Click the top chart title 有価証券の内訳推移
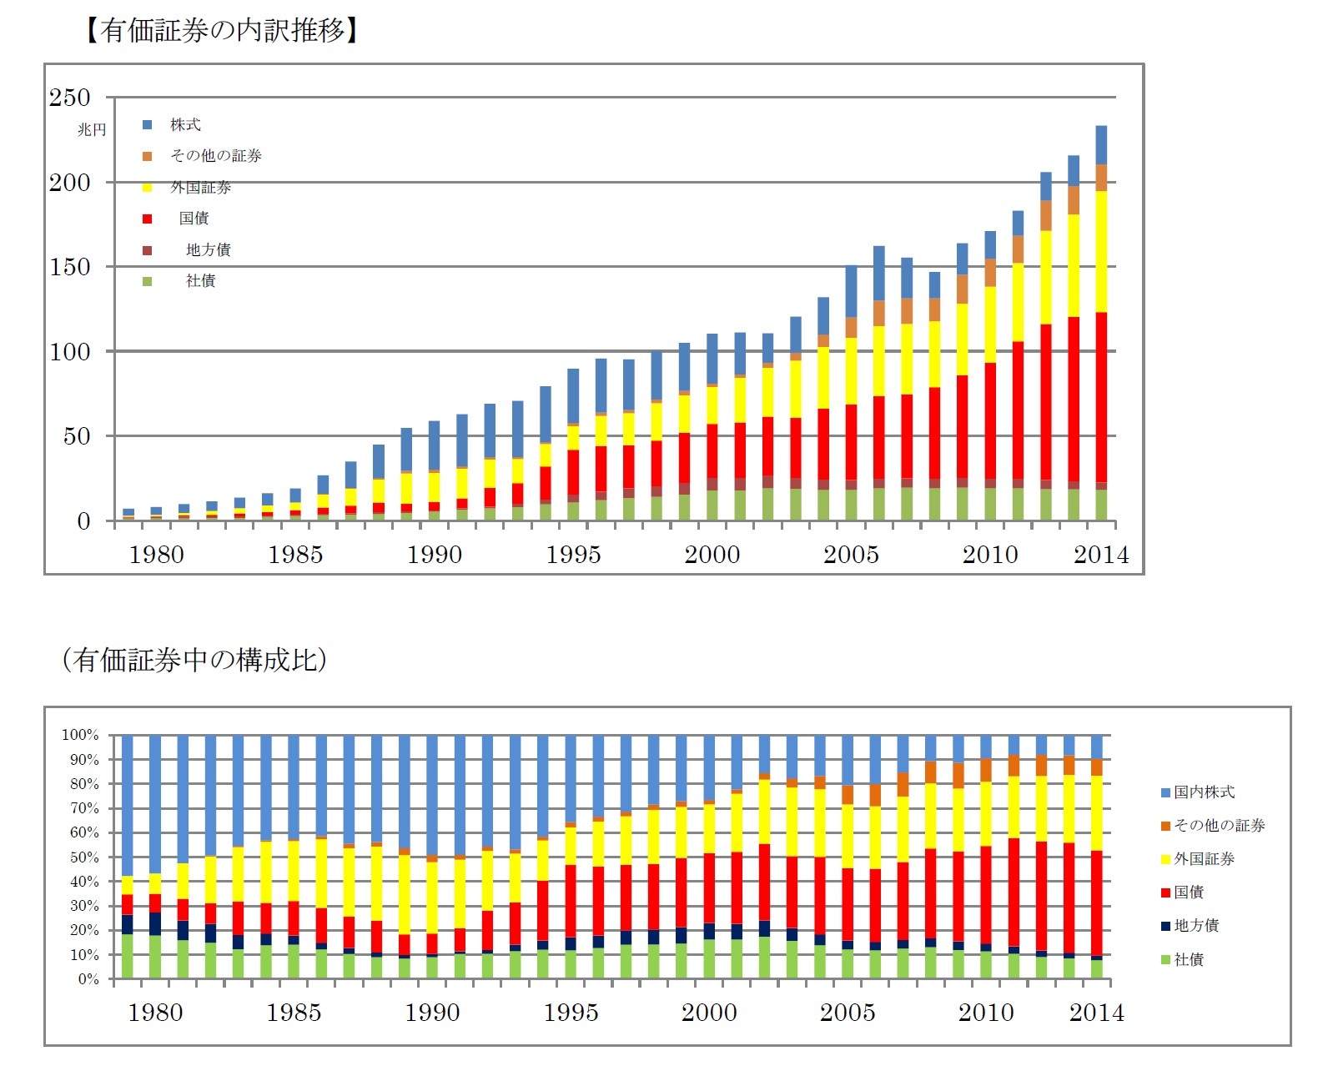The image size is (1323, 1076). pos(222,31)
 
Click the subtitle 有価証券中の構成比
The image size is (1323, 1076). pos(194,660)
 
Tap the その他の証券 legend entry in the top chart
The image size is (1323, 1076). pos(215,156)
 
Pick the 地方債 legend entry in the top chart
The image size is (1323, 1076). pos(208,250)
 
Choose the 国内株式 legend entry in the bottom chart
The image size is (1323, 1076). pos(1204,792)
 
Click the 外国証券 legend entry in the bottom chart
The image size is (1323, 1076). pos(1204,859)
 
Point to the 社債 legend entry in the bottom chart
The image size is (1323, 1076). pos(1189,960)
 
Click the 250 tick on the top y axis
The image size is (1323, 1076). pos(69,98)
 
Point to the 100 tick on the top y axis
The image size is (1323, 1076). pos(69,352)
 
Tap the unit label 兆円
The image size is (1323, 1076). pos(92,130)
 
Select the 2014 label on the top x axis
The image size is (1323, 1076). pos(1100,555)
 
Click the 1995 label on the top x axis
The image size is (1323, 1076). pos(573,555)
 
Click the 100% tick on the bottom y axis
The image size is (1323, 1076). pos(80,735)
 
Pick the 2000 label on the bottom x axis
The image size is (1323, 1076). pos(709,1013)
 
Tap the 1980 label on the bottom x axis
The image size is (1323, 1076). pos(155,1013)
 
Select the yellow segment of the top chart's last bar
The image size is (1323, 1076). pos(1101,250)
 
